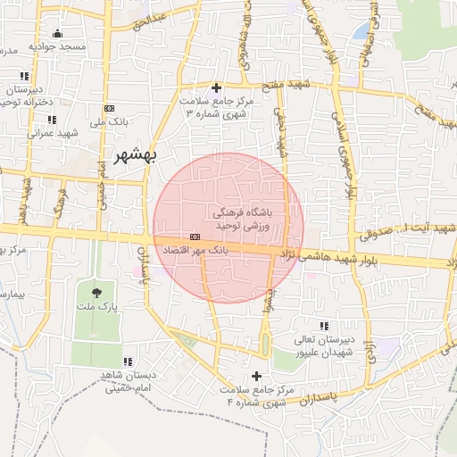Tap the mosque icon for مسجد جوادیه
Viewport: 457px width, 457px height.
pyautogui.click(x=57, y=34)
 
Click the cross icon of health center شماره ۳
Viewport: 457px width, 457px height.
pyautogui.click(x=217, y=87)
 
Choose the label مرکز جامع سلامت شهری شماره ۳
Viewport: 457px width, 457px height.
pyautogui.click(x=217, y=108)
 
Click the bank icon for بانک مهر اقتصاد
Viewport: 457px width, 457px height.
pyautogui.click(x=195, y=237)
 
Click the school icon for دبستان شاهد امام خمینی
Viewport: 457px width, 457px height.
pyautogui.click(x=128, y=361)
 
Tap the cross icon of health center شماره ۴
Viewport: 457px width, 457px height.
pyautogui.click(x=258, y=376)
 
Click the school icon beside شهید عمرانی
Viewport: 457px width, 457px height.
pyautogui.click(x=52, y=119)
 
